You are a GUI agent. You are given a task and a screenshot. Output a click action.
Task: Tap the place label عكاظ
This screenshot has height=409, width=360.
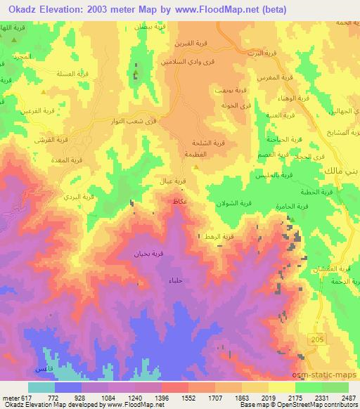click(179, 201)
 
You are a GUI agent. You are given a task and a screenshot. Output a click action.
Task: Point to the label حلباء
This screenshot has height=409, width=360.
click(175, 280)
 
